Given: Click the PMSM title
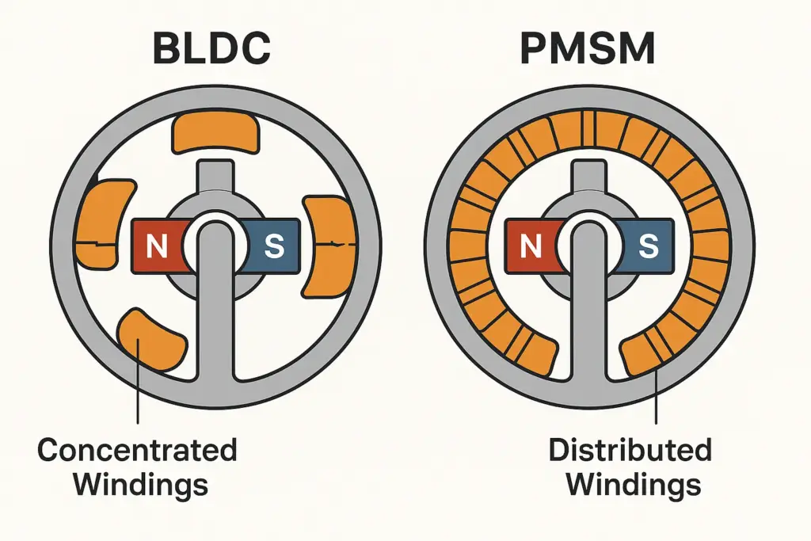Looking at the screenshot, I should point(588,48).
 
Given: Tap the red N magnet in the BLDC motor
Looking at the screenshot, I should point(157,246).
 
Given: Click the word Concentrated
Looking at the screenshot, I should point(137,450).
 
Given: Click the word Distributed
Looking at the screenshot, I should point(630,450).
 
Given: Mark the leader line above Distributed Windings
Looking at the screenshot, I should point(657,396).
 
